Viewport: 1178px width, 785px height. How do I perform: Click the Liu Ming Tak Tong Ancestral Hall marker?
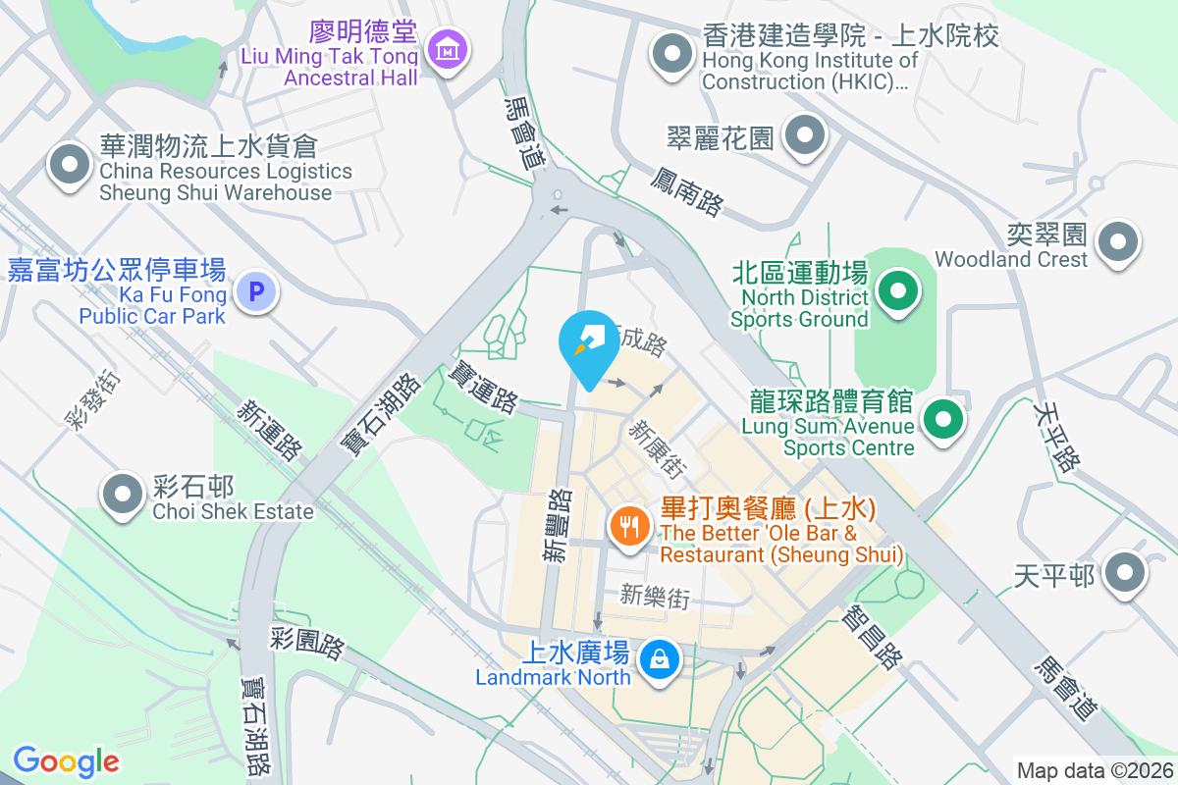(x=448, y=47)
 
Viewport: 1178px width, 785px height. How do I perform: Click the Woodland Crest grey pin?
(x=1118, y=241)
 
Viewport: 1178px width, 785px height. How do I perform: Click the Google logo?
(x=66, y=760)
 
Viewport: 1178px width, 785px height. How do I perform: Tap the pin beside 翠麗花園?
(x=806, y=136)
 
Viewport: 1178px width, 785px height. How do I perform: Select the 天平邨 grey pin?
(x=1124, y=573)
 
